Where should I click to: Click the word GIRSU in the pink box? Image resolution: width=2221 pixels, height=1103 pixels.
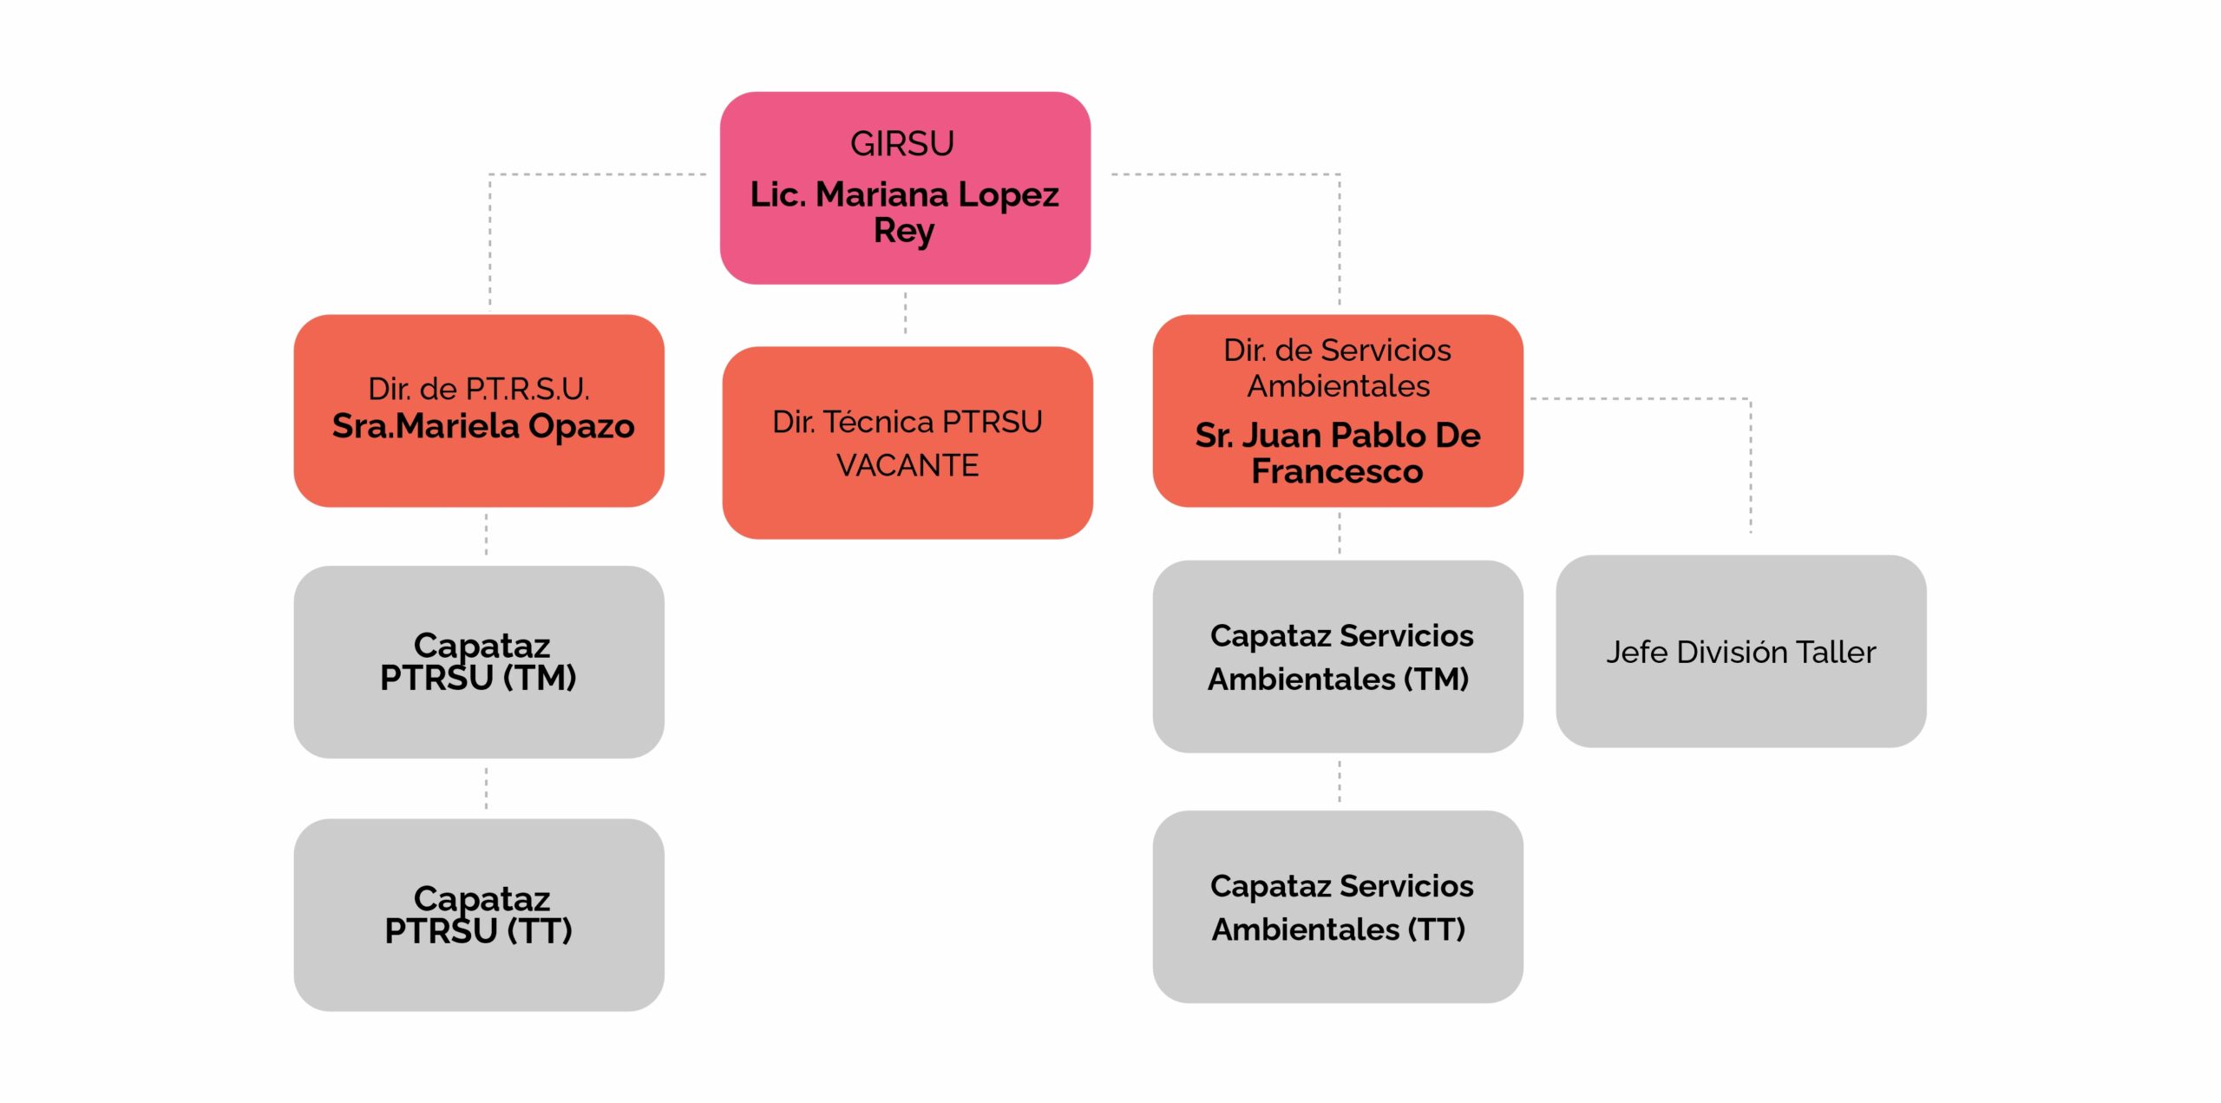pyautogui.click(x=902, y=144)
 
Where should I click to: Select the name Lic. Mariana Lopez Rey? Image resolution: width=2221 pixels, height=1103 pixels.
pyautogui.click(x=904, y=212)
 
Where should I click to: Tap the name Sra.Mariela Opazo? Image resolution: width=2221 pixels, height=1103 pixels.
pyautogui.click(x=483, y=426)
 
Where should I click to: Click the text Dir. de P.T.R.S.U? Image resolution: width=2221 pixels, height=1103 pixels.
pyautogui.click(x=479, y=389)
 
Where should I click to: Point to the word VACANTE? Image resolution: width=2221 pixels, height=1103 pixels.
pyautogui.click(x=907, y=466)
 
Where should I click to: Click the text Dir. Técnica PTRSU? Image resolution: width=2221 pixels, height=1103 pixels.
pyautogui.click(x=907, y=422)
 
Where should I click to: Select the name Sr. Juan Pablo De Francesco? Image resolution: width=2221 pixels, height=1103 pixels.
pyautogui.click(x=1338, y=453)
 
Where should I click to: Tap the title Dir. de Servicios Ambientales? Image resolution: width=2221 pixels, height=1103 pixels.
pyautogui.click(x=1338, y=368)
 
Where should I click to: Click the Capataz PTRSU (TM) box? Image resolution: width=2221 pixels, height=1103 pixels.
pyautogui.click(x=479, y=662)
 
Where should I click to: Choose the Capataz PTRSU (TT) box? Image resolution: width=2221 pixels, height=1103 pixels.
pyautogui.click(x=479, y=915)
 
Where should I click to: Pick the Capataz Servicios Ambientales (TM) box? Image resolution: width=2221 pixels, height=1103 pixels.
pyautogui.click(x=1338, y=657)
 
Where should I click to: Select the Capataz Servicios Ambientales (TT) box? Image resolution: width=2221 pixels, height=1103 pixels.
pyautogui.click(x=1338, y=907)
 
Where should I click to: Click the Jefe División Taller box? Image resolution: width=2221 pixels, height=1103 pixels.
pyautogui.click(x=1740, y=652)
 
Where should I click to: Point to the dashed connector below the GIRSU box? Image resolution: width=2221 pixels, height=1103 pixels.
pyautogui.click(x=906, y=313)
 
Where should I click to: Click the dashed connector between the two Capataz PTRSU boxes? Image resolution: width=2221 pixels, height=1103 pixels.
pyautogui.click(x=486, y=788)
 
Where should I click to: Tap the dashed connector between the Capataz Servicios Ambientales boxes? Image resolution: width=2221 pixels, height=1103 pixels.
pyautogui.click(x=1340, y=781)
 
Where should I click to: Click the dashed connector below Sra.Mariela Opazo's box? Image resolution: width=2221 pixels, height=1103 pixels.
pyautogui.click(x=486, y=535)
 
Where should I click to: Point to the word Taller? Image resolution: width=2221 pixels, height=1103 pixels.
pyautogui.click(x=1836, y=652)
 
